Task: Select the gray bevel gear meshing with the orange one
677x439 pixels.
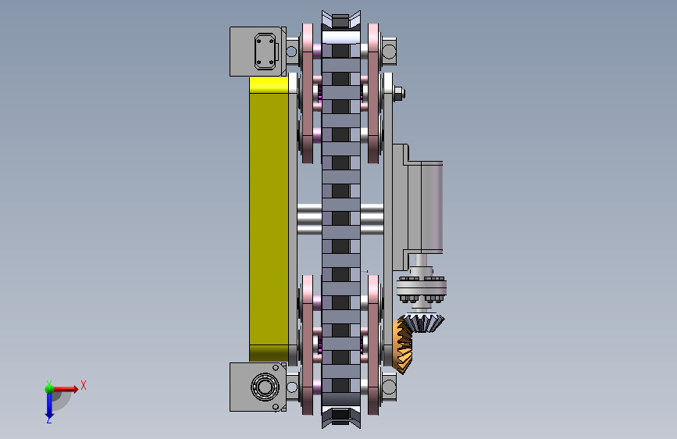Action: coord(423,322)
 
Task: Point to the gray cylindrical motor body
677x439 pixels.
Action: coord(432,206)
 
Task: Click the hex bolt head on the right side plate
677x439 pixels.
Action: coord(399,93)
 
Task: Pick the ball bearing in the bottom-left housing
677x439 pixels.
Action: coord(264,386)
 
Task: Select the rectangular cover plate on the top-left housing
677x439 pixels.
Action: coord(265,52)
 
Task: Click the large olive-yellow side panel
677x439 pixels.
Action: coord(269,218)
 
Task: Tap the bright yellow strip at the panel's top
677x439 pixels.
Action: coord(269,84)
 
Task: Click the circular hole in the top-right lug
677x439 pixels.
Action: coord(389,52)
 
